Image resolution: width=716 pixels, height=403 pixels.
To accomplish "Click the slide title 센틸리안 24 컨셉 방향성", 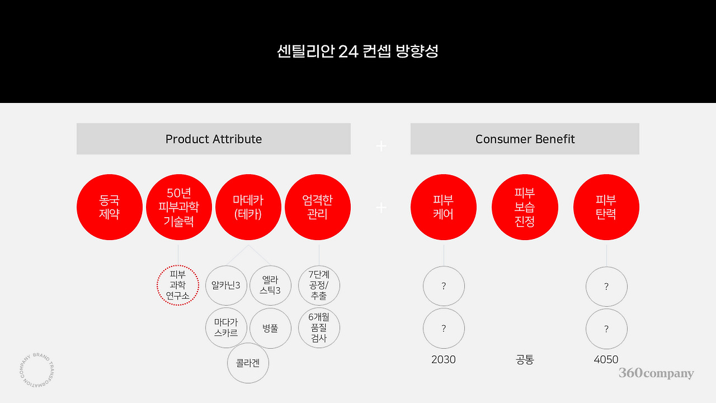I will (x=357, y=51).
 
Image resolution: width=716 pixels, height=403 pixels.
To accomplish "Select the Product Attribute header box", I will (x=214, y=139).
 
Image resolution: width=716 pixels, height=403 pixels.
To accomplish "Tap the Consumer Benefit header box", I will (x=525, y=139).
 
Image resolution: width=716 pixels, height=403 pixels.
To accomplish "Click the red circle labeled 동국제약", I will (x=110, y=207).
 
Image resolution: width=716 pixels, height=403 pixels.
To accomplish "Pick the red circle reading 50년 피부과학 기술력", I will (x=178, y=207).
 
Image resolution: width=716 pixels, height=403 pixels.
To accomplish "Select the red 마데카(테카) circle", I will (x=248, y=207).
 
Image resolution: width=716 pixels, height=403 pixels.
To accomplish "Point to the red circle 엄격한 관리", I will (x=318, y=207).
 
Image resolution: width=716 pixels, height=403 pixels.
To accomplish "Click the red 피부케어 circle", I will (x=444, y=207).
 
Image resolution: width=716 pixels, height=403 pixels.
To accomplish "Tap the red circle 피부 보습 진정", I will (x=525, y=207).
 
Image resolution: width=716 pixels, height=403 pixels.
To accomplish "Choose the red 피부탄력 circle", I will (x=606, y=207).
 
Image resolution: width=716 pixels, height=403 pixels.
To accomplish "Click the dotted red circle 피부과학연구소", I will (x=178, y=285).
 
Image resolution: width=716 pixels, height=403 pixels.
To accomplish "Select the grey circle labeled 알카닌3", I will (x=226, y=285).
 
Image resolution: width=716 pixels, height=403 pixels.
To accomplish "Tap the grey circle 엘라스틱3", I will (x=270, y=285).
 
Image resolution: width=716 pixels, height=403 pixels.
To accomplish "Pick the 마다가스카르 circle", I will (x=226, y=328).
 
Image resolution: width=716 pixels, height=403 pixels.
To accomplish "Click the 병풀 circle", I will (x=270, y=328).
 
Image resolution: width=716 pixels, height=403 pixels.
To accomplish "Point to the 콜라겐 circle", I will (x=248, y=363).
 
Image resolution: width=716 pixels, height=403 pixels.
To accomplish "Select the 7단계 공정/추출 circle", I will (x=319, y=285).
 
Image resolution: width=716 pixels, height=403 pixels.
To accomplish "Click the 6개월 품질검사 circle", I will (x=319, y=328).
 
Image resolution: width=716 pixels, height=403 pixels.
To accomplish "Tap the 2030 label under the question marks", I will (x=444, y=360).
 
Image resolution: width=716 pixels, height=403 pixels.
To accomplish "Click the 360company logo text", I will (x=656, y=373).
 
